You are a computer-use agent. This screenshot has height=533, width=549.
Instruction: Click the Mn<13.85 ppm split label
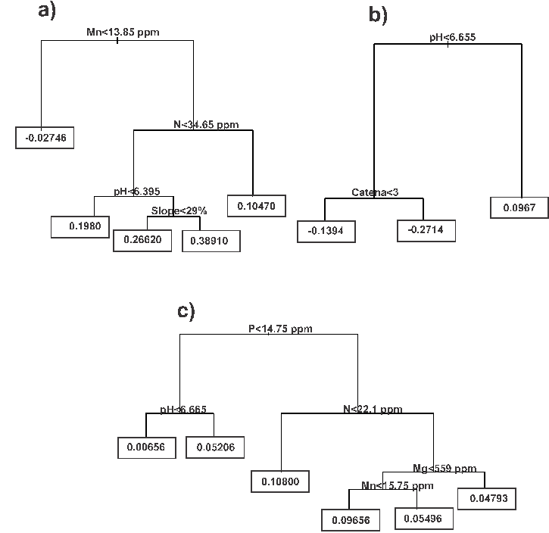pos(117,32)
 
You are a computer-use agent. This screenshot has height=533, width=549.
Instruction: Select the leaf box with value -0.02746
pos(45,139)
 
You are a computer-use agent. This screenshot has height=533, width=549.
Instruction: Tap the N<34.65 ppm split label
pos(205,124)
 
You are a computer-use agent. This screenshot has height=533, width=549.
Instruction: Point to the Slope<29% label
pos(179,210)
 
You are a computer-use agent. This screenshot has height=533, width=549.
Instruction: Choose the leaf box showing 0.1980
pos(81,226)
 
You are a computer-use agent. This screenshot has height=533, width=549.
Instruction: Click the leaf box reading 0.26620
pos(142,240)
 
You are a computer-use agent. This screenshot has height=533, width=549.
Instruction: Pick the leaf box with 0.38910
pos(211,241)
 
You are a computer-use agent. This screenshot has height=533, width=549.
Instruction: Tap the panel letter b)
pos(377,14)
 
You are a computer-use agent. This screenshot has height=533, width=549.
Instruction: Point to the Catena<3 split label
pos(374,192)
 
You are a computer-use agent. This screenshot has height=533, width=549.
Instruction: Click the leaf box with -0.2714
pos(427,230)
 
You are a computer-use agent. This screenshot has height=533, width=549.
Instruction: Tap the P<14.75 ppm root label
pos(280,329)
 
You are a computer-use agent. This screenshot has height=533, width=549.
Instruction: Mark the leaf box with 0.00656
pos(146,447)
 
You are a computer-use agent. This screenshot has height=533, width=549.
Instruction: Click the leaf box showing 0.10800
pos(281,481)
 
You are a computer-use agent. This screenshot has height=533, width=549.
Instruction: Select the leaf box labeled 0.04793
pos(487,499)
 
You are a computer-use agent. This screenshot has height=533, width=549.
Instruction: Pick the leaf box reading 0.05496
pos(424,519)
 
